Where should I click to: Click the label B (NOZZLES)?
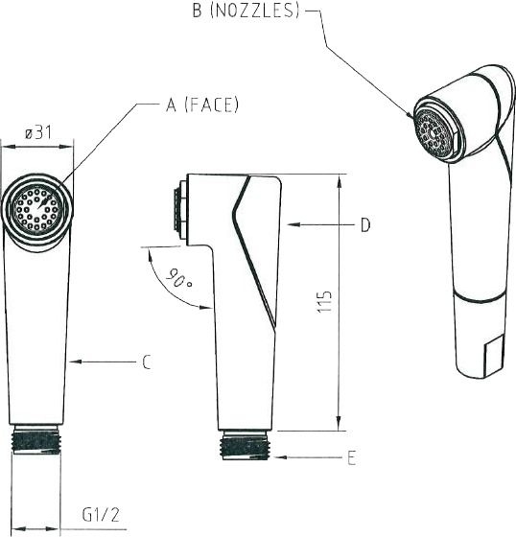click(x=246, y=11)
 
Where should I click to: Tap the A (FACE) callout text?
click(x=202, y=105)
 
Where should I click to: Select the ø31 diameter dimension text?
click(x=38, y=132)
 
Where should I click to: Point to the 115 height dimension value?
click(x=324, y=301)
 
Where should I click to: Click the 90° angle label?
click(x=178, y=278)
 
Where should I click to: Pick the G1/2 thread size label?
click(x=101, y=514)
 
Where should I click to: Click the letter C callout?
click(x=147, y=362)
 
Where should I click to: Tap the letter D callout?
click(x=365, y=225)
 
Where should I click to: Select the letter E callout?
click(x=352, y=457)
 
